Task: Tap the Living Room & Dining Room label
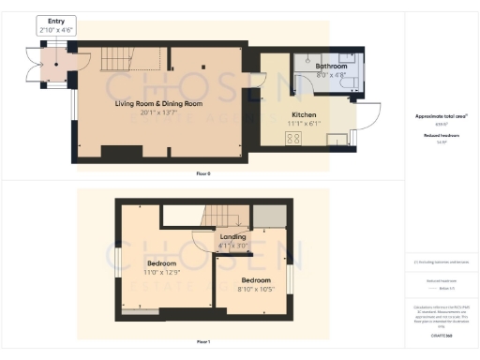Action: pos(158,103)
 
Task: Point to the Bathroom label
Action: pos(332,67)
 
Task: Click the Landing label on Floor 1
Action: pos(232,236)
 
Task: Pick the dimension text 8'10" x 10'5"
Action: pos(256,290)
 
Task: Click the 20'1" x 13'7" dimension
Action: pos(158,112)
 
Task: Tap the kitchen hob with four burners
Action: pos(291,138)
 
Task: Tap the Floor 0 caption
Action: pos(203,173)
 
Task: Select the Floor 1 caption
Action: pos(203,342)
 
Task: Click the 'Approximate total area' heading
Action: pos(441,116)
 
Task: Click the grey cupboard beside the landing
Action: pos(271,215)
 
